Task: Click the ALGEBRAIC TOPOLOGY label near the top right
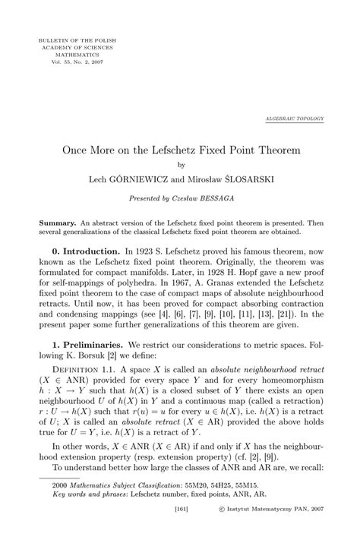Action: coord(295,120)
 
